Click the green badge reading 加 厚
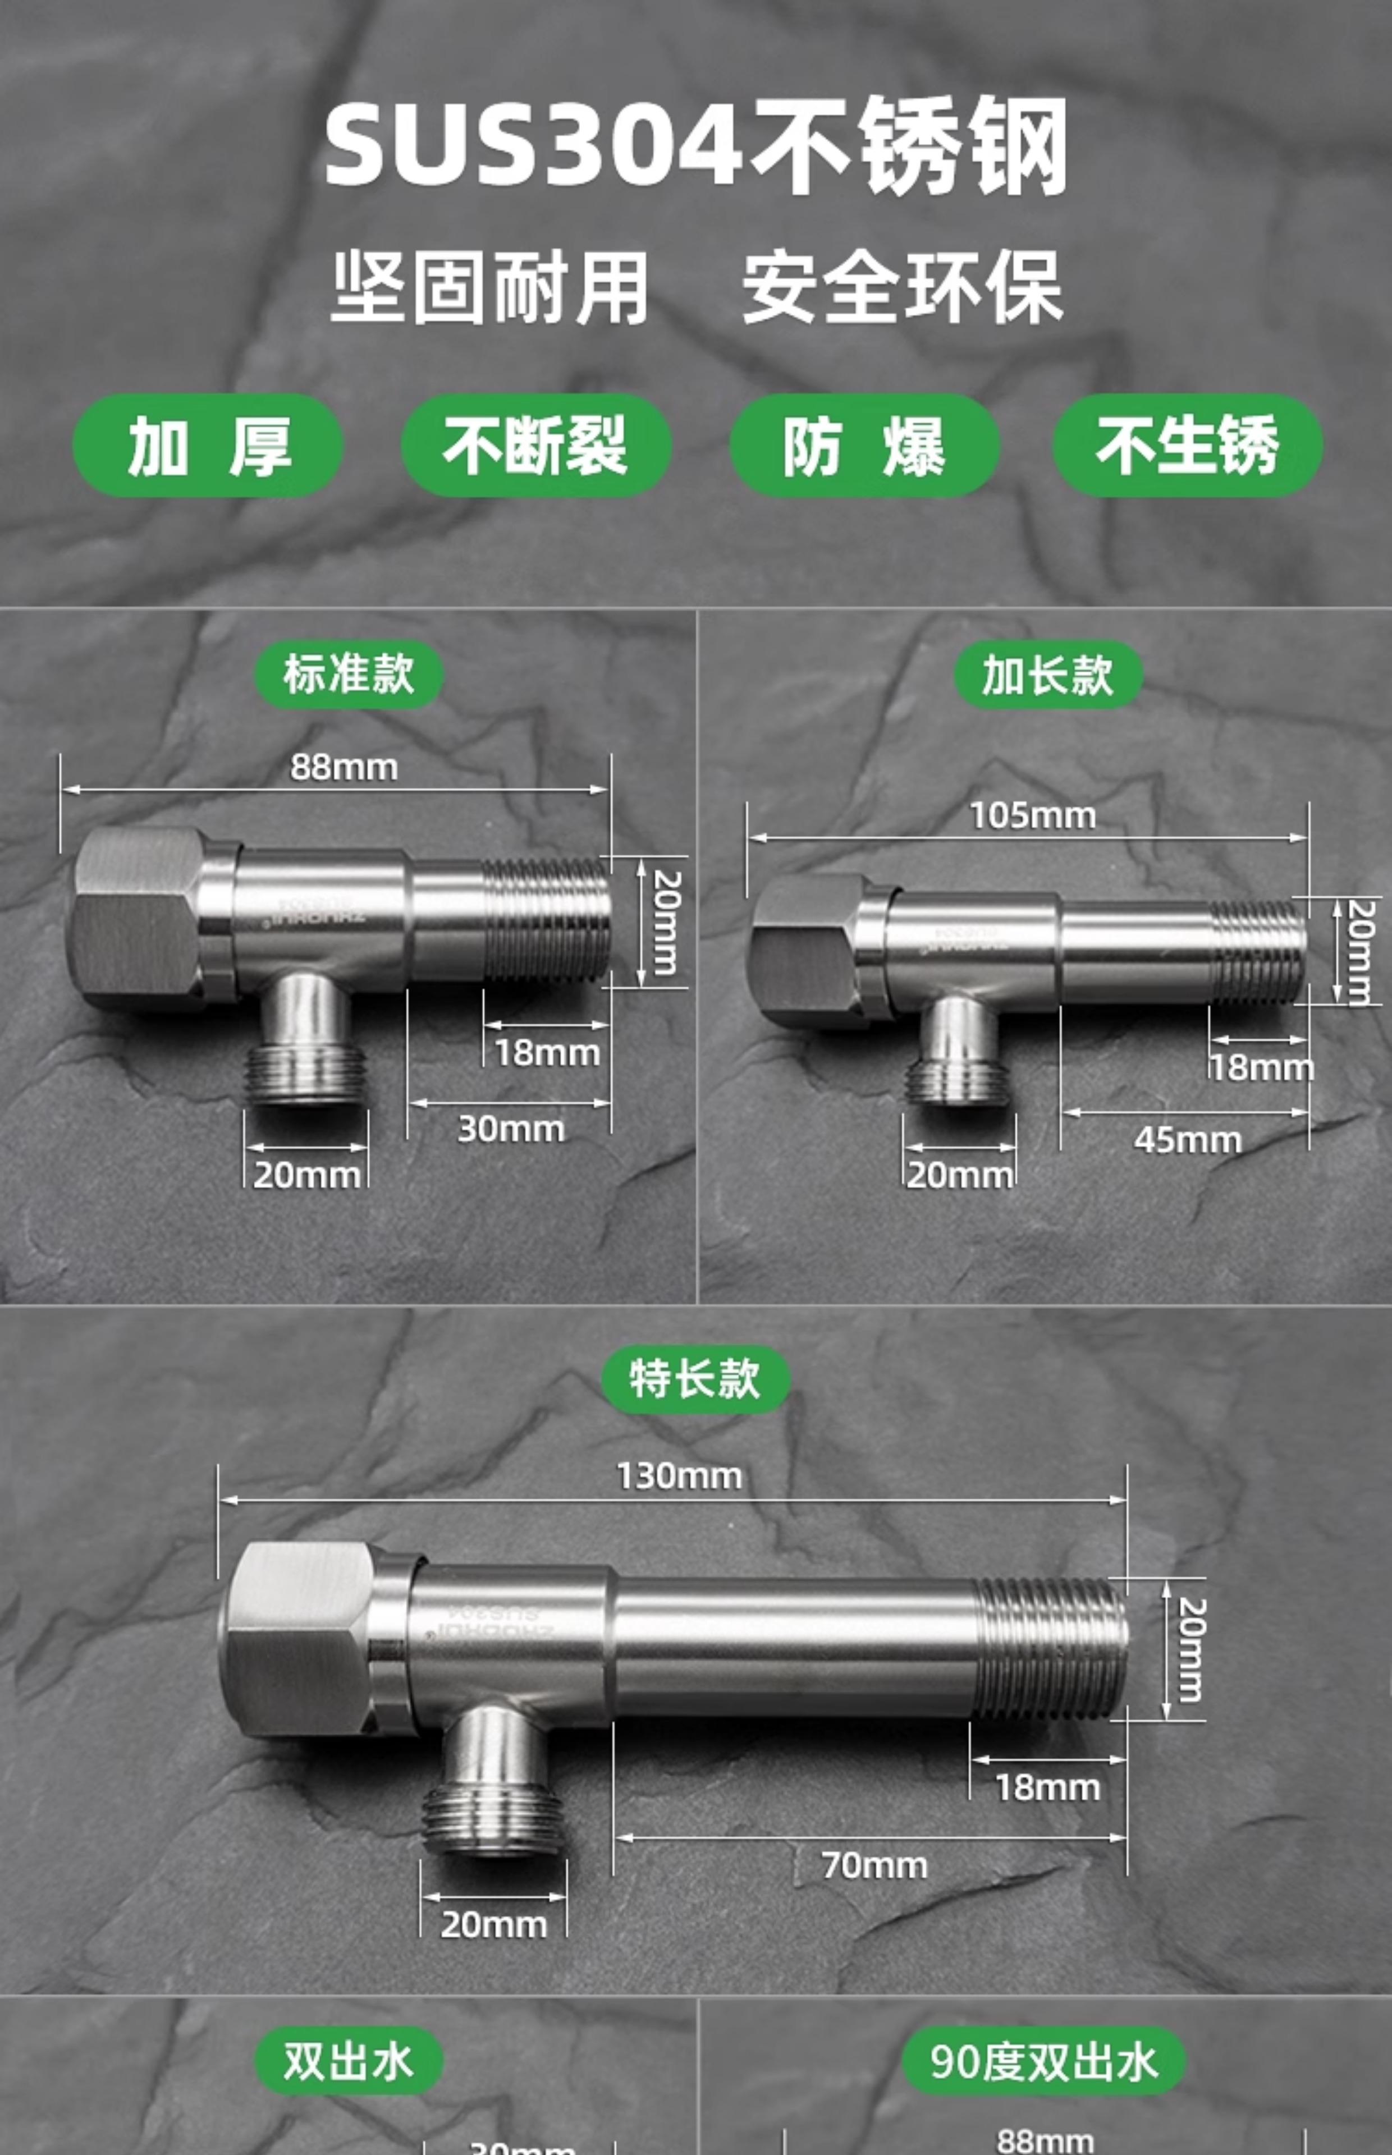tap(208, 446)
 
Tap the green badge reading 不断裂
tap(535, 446)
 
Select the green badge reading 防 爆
tap(864, 446)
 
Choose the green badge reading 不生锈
tap(1187, 446)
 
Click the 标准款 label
tap(349, 674)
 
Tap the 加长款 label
tap(1047, 674)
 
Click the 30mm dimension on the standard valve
tap(511, 1129)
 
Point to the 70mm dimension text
tap(874, 1865)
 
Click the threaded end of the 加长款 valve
tap(1258, 951)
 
